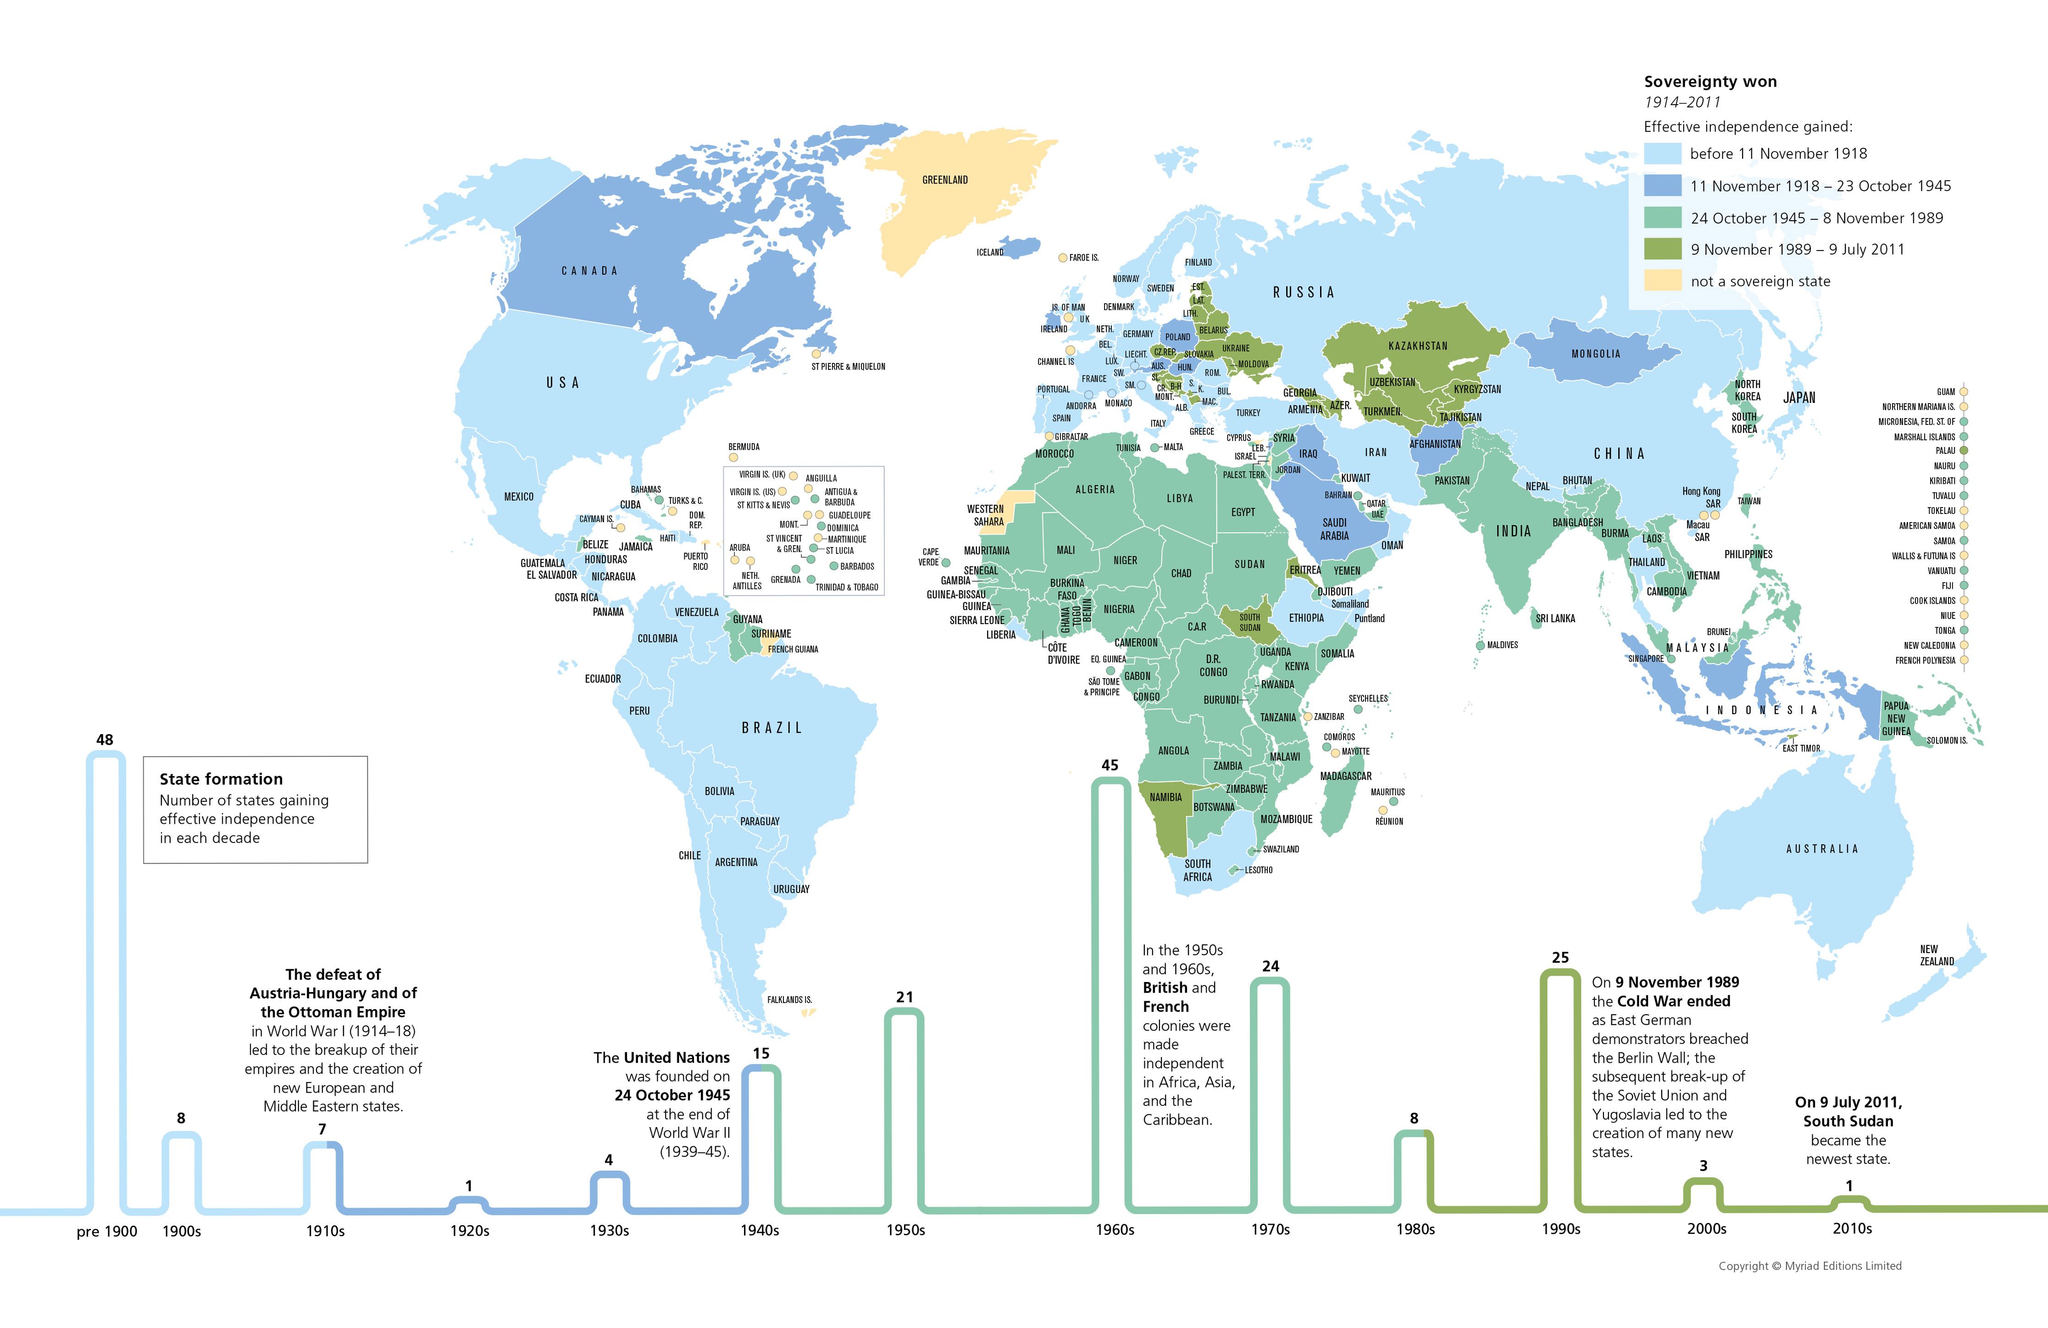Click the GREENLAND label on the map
pos(945,180)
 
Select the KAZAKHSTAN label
pos(1417,346)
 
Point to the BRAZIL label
pos(772,728)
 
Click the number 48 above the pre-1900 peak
pos(105,739)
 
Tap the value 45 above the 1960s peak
pos(1110,765)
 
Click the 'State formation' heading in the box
pos(221,779)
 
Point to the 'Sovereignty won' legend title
pos(1710,82)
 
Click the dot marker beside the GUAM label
pos(1964,391)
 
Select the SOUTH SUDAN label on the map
pos(1249,622)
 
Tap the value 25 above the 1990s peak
pos(1560,957)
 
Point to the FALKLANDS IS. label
pos(789,999)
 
